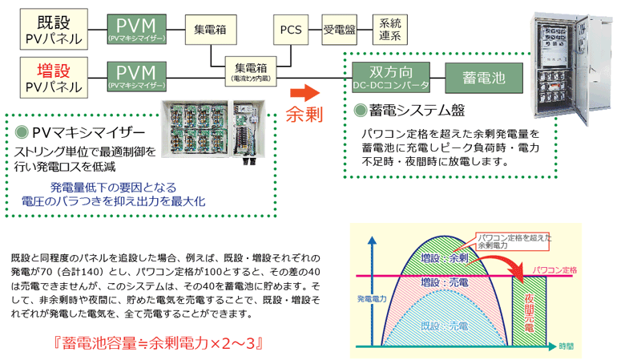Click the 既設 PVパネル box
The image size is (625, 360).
[50, 28]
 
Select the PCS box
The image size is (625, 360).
[292, 29]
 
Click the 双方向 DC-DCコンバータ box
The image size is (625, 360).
[391, 76]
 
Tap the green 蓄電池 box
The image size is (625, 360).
[484, 76]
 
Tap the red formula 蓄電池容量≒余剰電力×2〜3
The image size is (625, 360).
[159, 343]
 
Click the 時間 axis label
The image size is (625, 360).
[567, 346]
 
